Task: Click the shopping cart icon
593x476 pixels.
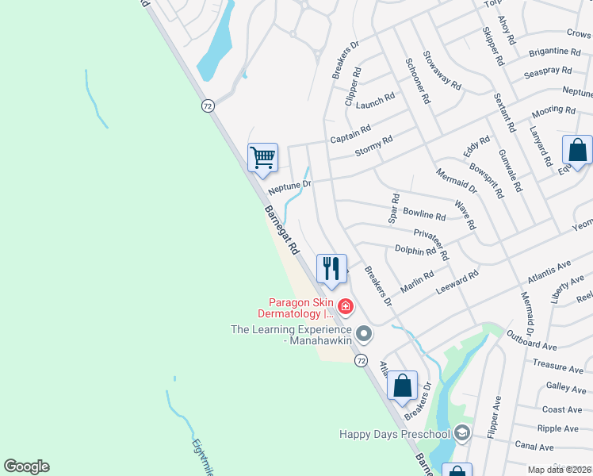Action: click(262, 156)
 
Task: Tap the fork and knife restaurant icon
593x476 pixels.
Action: click(331, 267)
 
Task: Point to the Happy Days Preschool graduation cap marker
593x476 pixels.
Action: click(462, 433)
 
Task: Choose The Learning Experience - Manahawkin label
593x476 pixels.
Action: click(290, 335)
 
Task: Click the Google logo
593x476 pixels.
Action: click(26, 466)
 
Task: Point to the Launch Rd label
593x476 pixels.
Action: click(375, 102)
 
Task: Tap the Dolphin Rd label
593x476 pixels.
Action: click(415, 250)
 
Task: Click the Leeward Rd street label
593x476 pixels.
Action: click(457, 285)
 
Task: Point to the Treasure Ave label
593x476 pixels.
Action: click(558, 367)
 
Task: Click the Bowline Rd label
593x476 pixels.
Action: click(424, 214)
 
